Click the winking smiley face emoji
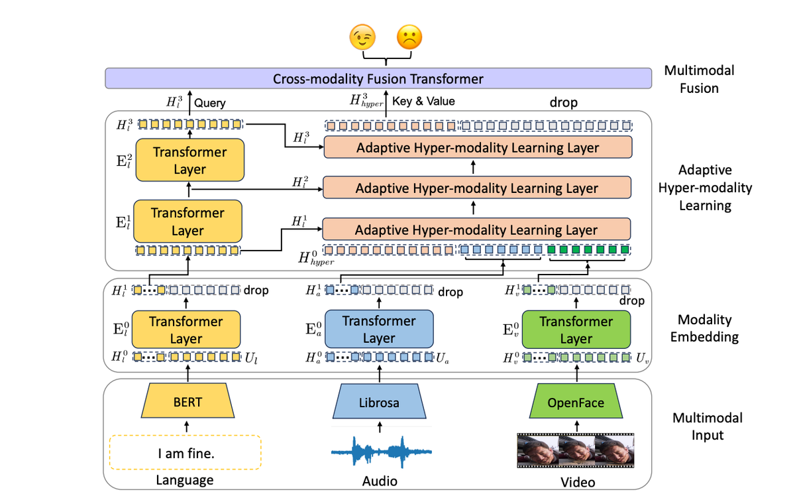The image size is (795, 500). (362, 38)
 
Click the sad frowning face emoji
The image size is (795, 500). (409, 38)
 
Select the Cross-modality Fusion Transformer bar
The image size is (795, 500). (378, 79)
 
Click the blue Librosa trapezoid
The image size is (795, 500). (379, 403)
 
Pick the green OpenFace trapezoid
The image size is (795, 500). (575, 403)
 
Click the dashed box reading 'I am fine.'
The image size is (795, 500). (185, 454)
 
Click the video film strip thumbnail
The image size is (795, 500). (575, 451)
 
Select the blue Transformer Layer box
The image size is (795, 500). (379, 330)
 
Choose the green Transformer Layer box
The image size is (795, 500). (576, 330)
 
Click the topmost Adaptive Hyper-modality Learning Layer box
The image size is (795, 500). (477, 148)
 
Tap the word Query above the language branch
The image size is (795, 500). (210, 103)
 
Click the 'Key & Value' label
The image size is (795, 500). (423, 101)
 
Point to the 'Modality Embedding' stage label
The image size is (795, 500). (704, 328)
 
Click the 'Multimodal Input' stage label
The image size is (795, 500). (707, 426)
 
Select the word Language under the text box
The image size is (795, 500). (185, 480)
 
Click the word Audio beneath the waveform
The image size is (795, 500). (380, 481)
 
